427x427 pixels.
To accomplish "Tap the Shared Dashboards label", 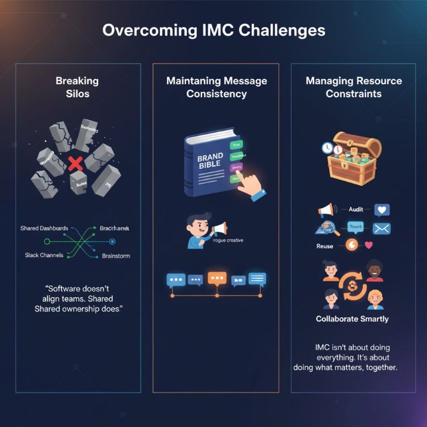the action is tap(44, 228).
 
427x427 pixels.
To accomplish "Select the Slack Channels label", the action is tap(44, 255).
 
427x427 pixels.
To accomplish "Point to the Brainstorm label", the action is tap(116, 256).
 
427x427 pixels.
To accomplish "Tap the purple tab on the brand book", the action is tap(235, 168).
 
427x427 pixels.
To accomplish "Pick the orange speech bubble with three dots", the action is tap(217, 279).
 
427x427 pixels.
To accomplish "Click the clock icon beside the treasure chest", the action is tap(328, 148).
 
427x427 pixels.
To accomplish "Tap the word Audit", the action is tap(355, 210).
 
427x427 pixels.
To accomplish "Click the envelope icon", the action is tap(382, 228).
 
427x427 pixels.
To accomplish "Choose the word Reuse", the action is tap(325, 246).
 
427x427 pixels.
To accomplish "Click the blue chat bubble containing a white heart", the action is tap(382, 210).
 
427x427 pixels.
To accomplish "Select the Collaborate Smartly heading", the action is tap(352, 319).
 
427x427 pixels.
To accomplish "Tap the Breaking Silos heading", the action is tap(77, 87).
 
